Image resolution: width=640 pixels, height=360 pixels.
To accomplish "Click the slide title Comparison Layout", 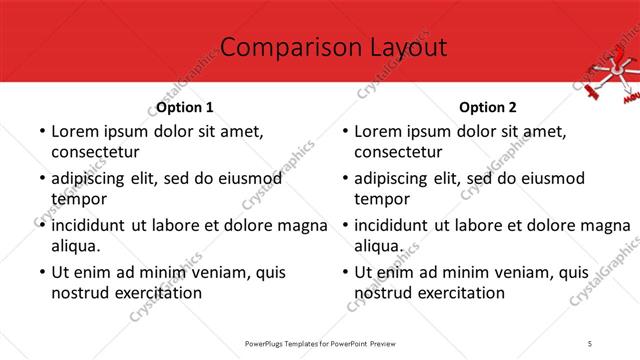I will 320,47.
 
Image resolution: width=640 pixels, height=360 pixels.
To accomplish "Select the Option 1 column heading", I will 185,107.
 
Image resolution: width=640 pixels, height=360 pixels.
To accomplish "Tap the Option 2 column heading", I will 488,107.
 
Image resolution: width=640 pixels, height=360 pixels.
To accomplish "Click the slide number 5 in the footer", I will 590,343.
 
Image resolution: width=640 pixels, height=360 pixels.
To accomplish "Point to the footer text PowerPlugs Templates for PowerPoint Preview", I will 320,343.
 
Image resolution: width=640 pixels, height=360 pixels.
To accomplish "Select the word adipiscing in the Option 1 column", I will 92,178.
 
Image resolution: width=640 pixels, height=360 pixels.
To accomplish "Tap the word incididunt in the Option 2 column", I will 394,224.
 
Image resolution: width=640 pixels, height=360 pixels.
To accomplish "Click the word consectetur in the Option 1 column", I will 95,152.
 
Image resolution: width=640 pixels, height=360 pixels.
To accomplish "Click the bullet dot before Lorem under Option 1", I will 41,132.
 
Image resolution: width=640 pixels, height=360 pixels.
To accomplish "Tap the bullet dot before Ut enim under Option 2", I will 345,272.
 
